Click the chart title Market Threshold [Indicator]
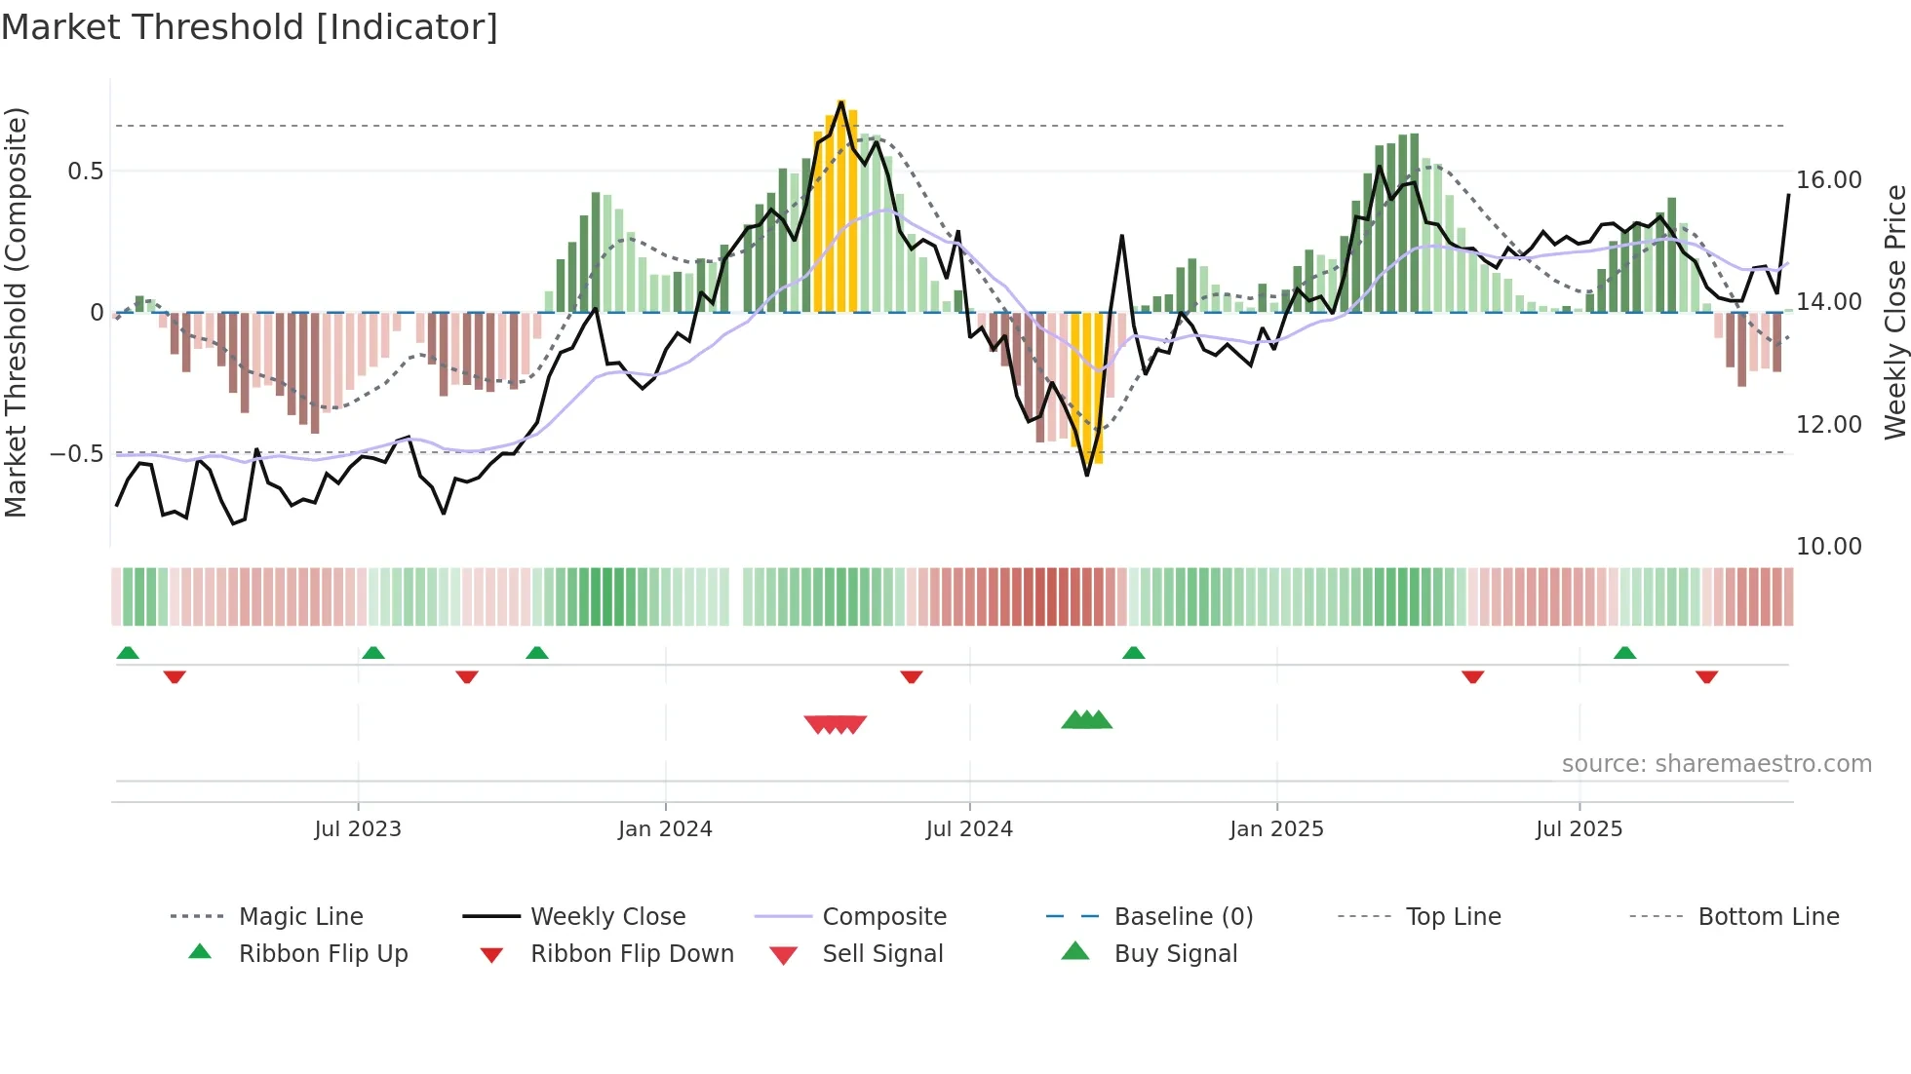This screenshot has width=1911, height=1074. point(250,27)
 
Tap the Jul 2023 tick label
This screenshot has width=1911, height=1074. point(358,829)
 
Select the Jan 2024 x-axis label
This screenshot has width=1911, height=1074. point(665,829)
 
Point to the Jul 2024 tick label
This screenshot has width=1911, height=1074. point(969,829)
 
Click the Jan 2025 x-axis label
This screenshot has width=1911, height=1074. point(1276,829)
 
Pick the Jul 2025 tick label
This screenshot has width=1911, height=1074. point(1579,829)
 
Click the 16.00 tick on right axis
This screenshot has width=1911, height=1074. point(1829,180)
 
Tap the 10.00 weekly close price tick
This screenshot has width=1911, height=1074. point(1829,547)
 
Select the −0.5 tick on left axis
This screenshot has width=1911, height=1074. point(77,454)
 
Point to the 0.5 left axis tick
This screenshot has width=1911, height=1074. point(85,172)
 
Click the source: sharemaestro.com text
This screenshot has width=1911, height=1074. point(1716,764)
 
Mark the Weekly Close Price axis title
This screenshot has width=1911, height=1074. point(1894,312)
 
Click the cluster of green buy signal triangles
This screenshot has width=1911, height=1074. point(1087,720)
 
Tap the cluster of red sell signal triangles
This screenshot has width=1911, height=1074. point(836,724)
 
